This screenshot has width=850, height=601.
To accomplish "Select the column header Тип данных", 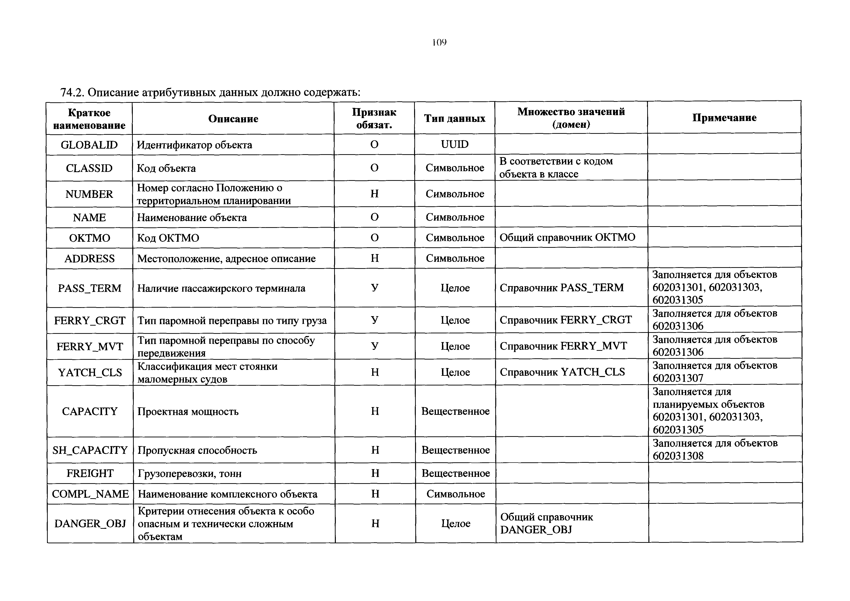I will tap(455, 119).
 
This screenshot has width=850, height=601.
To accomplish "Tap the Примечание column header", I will tap(724, 118).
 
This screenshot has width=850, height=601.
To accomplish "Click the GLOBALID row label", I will tap(89, 145).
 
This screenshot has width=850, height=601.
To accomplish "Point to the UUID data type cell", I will tap(455, 144).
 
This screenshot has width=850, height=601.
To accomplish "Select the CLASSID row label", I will tap(89, 168).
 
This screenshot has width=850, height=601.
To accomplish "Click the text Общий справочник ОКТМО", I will tap(567, 237).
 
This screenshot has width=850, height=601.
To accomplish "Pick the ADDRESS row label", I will tap(90, 258).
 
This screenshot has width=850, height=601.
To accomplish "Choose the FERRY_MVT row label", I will tap(90, 346).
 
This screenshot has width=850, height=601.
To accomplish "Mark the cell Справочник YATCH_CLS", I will tap(562, 372).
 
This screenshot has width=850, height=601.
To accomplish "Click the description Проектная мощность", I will tap(188, 411).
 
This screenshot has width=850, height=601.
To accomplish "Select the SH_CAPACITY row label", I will tap(90, 450).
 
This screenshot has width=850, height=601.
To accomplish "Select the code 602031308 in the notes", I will tap(678, 456).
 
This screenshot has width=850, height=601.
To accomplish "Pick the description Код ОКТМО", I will tap(168, 238).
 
